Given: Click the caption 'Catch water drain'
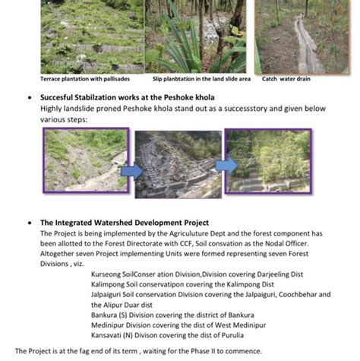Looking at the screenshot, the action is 286,79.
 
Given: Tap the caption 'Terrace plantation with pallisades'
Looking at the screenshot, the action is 85,79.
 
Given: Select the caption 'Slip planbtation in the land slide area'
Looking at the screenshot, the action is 201,79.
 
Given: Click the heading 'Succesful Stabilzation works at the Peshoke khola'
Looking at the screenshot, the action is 128,97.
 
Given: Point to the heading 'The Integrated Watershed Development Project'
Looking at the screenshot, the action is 125,223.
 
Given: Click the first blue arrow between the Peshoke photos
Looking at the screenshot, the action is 131,171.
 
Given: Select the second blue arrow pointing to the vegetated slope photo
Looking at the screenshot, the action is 226,166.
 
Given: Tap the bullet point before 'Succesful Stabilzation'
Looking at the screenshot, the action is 30,97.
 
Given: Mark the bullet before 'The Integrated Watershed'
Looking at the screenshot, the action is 30,223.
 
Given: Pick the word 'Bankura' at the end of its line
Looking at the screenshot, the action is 242,315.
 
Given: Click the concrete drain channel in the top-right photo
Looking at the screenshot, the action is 306,46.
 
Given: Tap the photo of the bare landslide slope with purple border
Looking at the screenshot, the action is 86,160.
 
